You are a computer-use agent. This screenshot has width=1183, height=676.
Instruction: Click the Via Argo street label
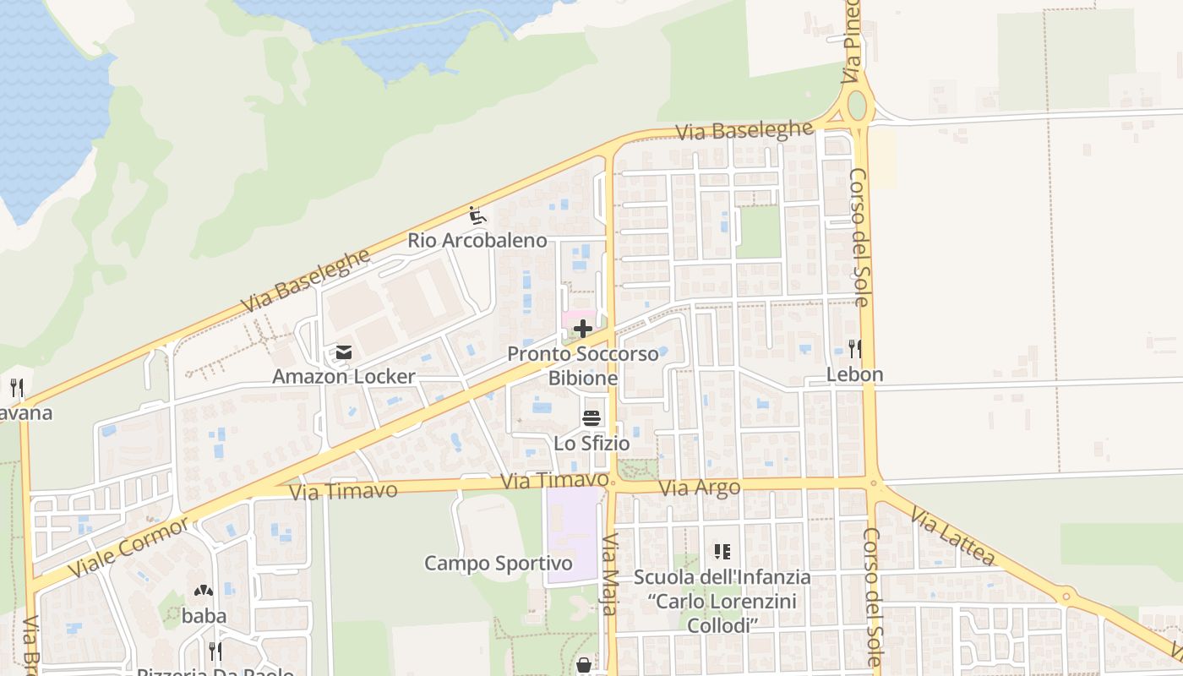pos(699,488)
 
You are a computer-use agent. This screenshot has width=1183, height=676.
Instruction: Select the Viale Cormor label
pos(128,548)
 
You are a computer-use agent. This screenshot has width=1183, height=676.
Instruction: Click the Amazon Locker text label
pos(343,376)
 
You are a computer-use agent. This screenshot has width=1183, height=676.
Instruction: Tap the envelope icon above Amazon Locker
pos(343,352)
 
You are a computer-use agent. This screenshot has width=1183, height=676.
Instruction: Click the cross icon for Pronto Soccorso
pos(583,329)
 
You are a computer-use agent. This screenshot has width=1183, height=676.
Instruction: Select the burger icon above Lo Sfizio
pos(591,417)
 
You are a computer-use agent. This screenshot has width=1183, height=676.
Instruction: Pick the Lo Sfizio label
pos(591,442)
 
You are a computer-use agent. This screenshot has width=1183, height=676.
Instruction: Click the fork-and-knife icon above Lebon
pos(854,347)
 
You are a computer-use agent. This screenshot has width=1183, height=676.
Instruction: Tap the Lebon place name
pos(854,373)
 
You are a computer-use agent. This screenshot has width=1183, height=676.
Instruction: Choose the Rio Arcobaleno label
pos(477,240)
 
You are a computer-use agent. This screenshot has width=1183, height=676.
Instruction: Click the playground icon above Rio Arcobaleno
pos(477,215)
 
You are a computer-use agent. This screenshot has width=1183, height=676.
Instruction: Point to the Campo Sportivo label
pos(498,563)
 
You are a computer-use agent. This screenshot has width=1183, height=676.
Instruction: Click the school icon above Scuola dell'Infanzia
pos(722,552)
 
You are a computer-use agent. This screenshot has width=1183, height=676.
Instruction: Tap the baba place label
pos(204,615)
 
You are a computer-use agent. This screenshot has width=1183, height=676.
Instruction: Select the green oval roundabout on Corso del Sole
pos(857,106)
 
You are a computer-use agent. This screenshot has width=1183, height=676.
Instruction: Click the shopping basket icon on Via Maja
pos(584,666)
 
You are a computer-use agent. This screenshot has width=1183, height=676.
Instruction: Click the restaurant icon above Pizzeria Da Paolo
pos(215,651)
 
